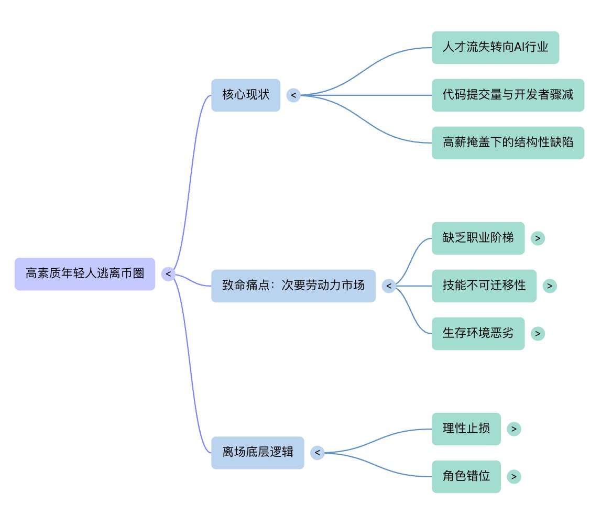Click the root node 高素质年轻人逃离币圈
[x=85, y=273]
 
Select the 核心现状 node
[x=246, y=95]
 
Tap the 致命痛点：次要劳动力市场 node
[x=293, y=286]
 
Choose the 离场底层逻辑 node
[x=257, y=453]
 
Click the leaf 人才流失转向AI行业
[x=495, y=48]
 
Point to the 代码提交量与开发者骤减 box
[x=508, y=95]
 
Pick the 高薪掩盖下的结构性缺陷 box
[x=508, y=143]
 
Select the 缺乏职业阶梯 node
[x=478, y=238]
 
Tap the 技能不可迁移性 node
[x=484, y=286]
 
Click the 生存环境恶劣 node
[x=478, y=333]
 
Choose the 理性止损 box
[x=466, y=429]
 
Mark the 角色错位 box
[x=466, y=476]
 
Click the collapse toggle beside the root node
[x=168, y=273]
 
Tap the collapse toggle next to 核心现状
[x=293, y=95]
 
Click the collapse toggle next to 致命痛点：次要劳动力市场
[x=389, y=286]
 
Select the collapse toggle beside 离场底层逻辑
[x=317, y=453]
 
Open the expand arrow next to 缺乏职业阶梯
[x=538, y=238]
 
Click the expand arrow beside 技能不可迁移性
[x=550, y=286]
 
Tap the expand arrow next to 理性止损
[x=514, y=429]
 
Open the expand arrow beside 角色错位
[x=514, y=476]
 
